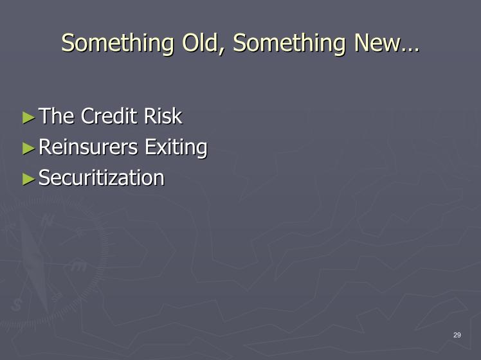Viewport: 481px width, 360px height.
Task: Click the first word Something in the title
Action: tap(118, 43)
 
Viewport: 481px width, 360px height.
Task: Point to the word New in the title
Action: tap(377, 42)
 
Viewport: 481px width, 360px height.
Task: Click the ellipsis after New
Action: tap(410, 50)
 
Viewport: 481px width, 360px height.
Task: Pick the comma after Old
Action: tap(221, 51)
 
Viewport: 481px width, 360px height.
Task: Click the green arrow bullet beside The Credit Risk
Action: tap(28, 118)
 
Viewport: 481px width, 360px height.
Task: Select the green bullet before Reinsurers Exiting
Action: tap(28, 148)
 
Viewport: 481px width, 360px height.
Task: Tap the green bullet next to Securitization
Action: tap(28, 179)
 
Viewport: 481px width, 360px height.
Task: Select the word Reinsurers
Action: tap(88, 147)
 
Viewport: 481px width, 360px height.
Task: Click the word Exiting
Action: tap(176, 147)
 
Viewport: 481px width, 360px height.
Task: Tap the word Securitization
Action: tap(102, 177)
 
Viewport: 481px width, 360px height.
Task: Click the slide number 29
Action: tap(457, 335)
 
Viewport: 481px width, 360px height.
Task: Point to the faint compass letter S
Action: tap(17, 305)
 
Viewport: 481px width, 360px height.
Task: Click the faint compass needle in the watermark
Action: tap(34, 261)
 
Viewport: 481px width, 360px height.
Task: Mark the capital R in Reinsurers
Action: tap(45, 147)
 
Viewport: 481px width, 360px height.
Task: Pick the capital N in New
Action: tap(361, 42)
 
